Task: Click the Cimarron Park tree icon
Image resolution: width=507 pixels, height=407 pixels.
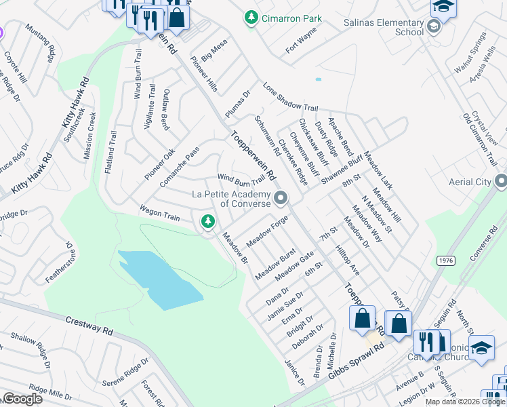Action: [x=251, y=16]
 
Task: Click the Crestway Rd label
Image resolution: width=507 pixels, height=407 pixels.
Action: [x=89, y=324]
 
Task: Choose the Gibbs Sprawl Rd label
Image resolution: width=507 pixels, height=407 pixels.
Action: [x=355, y=359]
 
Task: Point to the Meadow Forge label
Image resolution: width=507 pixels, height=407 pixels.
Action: [x=267, y=231]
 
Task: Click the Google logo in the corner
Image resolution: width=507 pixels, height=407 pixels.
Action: [x=22, y=399]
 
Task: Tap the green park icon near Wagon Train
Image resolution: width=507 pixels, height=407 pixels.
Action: [x=208, y=220]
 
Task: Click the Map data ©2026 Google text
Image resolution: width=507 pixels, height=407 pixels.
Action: [x=464, y=402]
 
